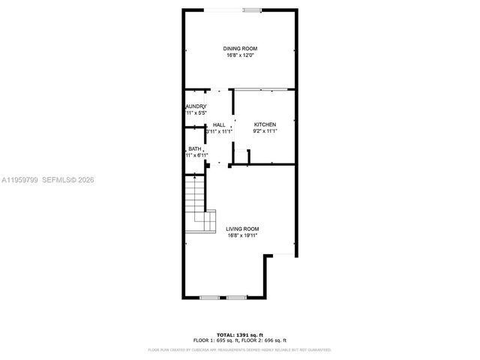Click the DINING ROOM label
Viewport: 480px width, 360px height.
pos(239,49)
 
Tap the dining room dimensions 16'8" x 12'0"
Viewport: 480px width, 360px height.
pos(239,55)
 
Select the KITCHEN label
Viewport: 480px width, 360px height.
pos(265,124)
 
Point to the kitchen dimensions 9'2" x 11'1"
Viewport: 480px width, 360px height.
pos(265,131)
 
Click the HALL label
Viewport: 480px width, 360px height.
pos(218,124)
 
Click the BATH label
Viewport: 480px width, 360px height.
pos(194,149)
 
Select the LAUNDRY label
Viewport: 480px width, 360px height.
pos(196,106)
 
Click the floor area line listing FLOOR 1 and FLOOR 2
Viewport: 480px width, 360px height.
pos(240,340)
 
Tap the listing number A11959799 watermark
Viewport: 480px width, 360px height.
pos(18,180)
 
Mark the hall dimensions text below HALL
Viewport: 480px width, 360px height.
pos(218,131)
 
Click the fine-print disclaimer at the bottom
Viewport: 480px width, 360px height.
pos(240,349)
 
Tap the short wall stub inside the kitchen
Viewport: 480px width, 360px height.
pos(248,156)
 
